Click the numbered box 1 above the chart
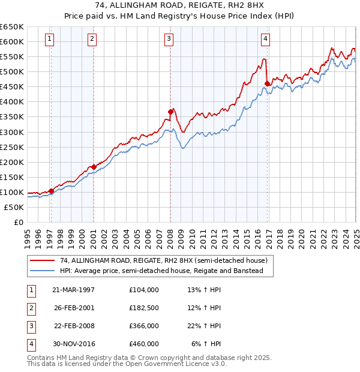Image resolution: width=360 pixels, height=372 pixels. [x=49, y=39]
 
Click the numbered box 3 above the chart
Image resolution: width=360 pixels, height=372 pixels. [x=169, y=39]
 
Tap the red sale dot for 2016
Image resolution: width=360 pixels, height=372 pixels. [x=266, y=83]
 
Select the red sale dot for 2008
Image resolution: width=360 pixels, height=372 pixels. [x=170, y=112]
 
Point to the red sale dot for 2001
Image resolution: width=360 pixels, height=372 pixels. [x=94, y=167]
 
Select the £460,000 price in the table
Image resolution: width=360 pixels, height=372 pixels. [x=144, y=344]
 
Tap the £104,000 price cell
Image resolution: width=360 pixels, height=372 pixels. [x=144, y=289]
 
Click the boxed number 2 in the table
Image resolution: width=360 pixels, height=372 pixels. [x=31, y=308]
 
